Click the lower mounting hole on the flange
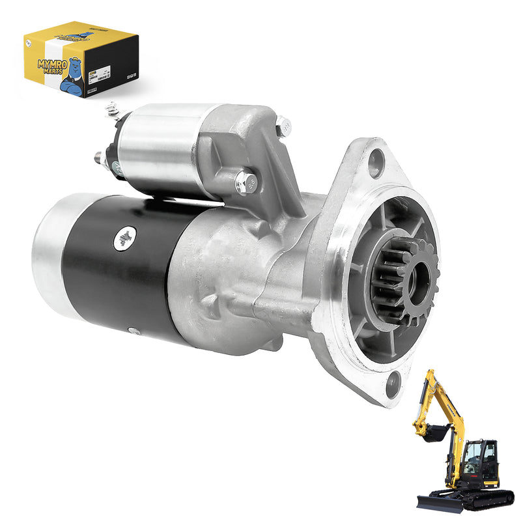[393, 385]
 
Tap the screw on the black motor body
[124, 238]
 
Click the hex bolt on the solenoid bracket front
[245, 184]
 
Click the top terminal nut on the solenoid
[113, 110]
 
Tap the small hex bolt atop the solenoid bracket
[284, 126]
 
